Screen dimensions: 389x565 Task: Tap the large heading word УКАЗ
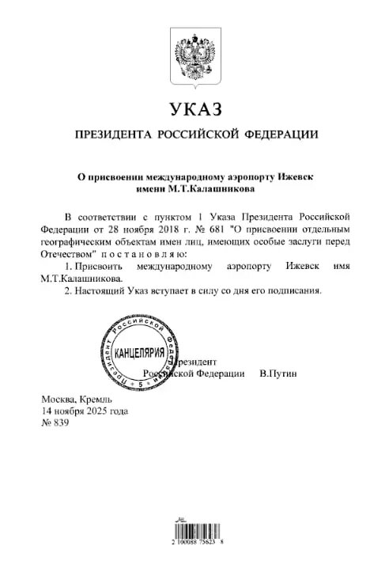pos(195,109)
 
